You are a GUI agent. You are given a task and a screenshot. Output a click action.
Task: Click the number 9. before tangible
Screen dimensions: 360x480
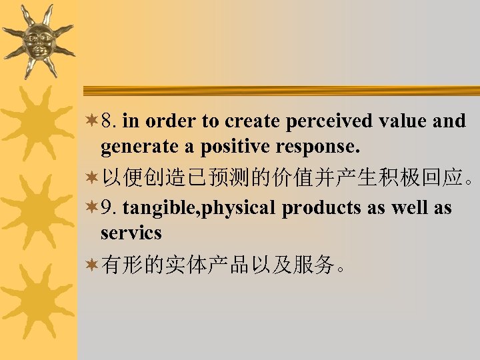[109, 207]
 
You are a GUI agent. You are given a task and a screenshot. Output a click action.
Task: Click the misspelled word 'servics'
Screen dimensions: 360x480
[131, 232]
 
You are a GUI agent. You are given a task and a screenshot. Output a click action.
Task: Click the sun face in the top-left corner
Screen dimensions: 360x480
[37, 40]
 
